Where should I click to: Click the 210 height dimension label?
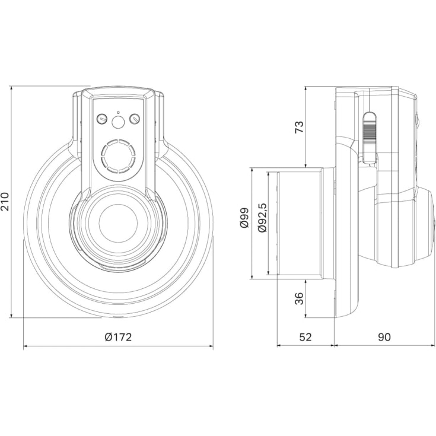5,201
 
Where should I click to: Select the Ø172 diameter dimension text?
117,337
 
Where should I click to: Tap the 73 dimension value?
300,127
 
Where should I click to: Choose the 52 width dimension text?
305,337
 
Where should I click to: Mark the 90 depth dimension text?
384,337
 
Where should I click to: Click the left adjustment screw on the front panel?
102,119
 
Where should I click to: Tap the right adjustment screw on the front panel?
135,119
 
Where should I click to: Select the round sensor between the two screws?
118,122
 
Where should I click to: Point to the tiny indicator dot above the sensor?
118,112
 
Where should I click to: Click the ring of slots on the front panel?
118,155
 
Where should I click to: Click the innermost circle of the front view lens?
118,224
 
